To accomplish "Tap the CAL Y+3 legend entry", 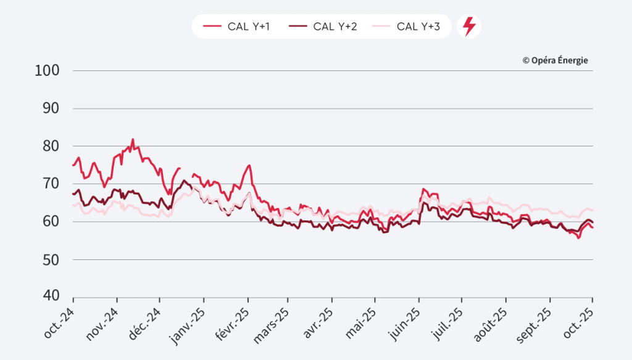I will pos(409,27).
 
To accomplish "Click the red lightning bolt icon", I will pos(469,27).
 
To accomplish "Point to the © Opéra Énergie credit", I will pos(555,60).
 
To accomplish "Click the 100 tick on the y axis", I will pos(48,70).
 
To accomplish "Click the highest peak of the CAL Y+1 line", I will pos(133,140).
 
